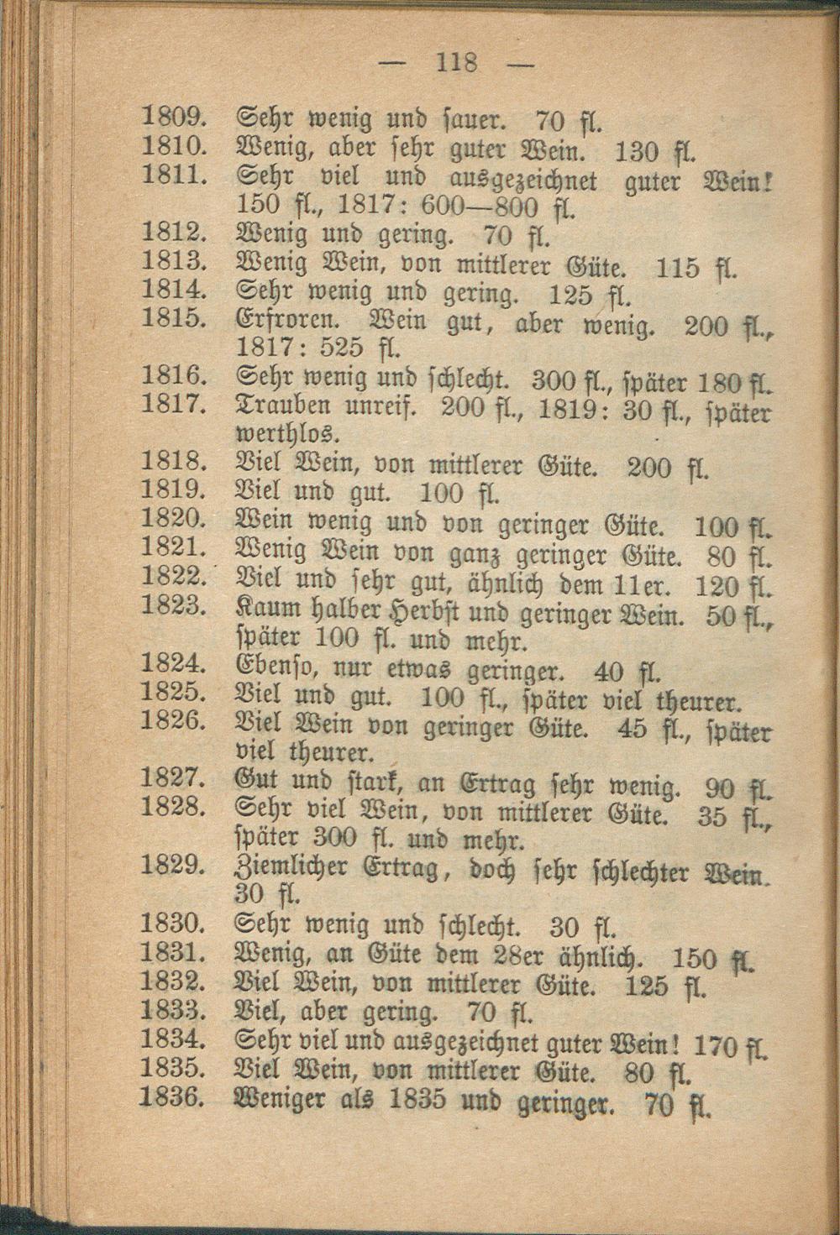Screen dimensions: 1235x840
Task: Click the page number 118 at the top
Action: pyautogui.click(x=456, y=62)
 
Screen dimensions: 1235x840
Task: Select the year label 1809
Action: pyautogui.click(x=174, y=115)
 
